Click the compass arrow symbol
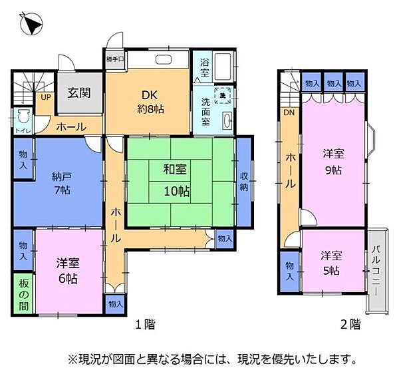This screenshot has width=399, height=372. pyautogui.click(x=30, y=25)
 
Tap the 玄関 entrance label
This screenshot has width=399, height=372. pyautogui.click(x=78, y=93)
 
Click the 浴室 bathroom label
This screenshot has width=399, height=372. pyautogui.click(x=204, y=67)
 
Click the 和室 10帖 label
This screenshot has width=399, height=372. pyautogui.click(x=176, y=180)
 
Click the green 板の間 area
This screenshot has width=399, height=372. pyautogui.click(x=23, y=291)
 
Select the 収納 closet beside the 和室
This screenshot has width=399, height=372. pyautogui.click(x=244, y=181)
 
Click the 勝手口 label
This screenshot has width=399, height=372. pyautogui.click(x=114, y=59)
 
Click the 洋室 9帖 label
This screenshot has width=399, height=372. pyautogui.click(x=332, y=162)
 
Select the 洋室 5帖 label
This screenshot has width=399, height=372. pyautogui.click(x=332, y=262)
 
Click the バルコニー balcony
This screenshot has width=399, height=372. pyautogui.click(x=376, y=270)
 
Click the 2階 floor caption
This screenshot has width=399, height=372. pyautogui.click(x=350, y=325)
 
